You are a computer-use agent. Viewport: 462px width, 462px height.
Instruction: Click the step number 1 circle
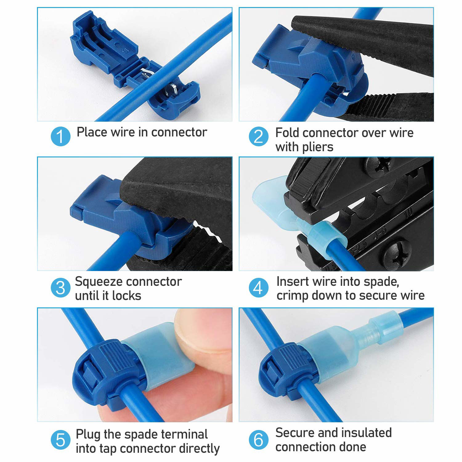(61, 136)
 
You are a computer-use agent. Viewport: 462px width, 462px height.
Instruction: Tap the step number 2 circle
(259, 136)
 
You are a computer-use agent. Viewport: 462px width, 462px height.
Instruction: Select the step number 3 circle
(61, 288)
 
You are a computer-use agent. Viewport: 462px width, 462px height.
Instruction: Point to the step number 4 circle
(258, 288)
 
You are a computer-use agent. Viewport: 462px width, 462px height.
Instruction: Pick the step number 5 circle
(61, 440)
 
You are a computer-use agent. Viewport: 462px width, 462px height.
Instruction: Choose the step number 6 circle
(258, 440)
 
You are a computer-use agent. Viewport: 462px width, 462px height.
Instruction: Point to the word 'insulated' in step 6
(364, 433)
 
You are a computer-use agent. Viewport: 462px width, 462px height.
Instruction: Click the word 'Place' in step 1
(91, 132)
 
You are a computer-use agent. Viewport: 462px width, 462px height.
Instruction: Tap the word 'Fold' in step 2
(286, 133)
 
